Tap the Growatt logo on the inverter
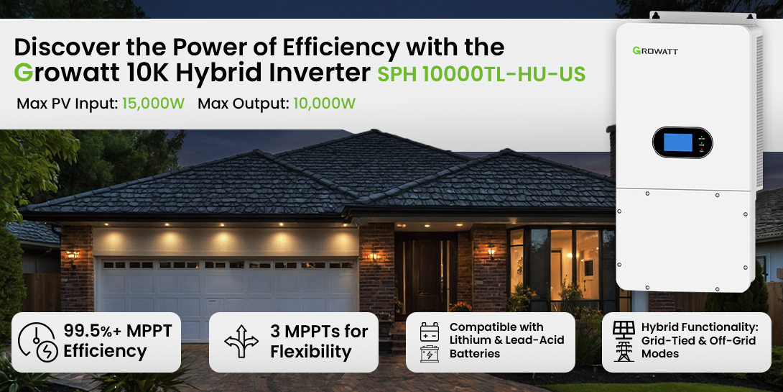pyautogui.click(x=655, y=50)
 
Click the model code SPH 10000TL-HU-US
pyautogui.click(x=481, y=74)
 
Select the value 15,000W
pyautogui.click(x=153, y=104)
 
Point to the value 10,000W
pyautogui.click(x=324, y=104)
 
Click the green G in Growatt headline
pyautogui.click(x=23, y=73)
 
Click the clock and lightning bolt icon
pyautogui.click(x=37, y=342)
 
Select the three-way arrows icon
pyautogui.click(x=241, y=342)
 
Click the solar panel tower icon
pyautogui.click(x=624, y=341)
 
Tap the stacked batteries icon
pyautogui.click(x=430, y=342)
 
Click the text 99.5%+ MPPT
pyautogui.click(x=118, y=330)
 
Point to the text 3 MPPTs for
pyautogui.click(x=319, y=331)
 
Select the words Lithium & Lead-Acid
pyautogui.click(x=507, y=340)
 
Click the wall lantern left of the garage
pyautogui.click(x=73, y=256)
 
